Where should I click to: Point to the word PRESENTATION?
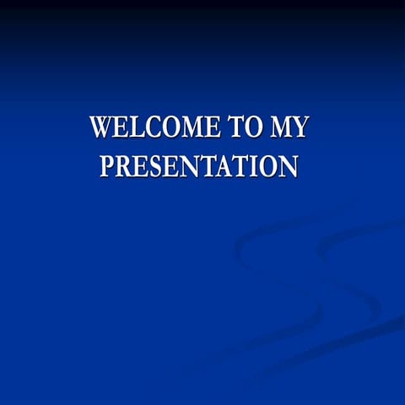(x=199, y=165)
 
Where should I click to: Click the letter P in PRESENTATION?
(x=107, y=165)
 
